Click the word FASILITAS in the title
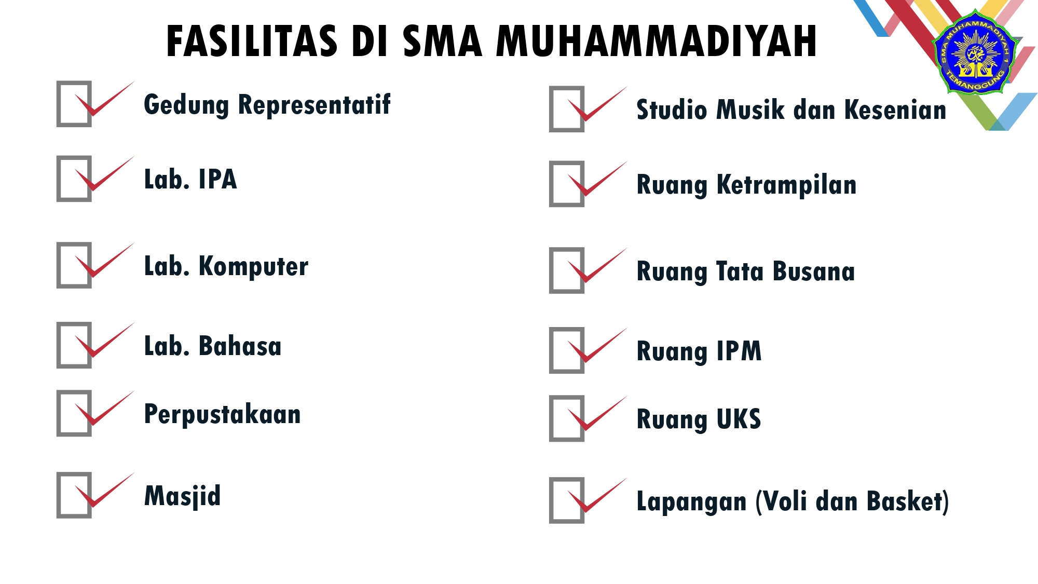point(252,41)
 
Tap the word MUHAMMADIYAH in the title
point(657,41)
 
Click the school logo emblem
point(975,52)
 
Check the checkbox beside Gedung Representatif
point(74,104)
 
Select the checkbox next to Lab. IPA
point(74,179)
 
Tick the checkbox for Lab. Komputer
point(74,265)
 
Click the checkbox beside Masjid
point(74,495)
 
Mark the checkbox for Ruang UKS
point(567,418)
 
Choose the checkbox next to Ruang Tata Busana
point(567,270)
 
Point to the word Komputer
point(253,267)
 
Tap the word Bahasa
point(240,346)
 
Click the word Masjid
point(182,496)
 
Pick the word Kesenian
point(895,110)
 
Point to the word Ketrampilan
point(786,185)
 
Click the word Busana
point(813,271)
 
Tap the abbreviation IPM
point(739,351)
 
